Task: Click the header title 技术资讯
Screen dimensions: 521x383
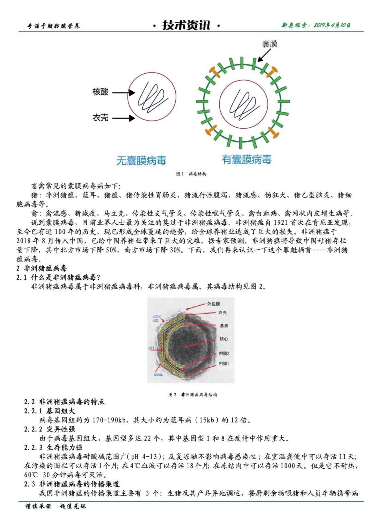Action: (x=186, y=25)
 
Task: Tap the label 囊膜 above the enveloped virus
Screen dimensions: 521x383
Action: (x=270, y=44)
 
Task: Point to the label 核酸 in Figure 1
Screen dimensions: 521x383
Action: (x=100, y=92)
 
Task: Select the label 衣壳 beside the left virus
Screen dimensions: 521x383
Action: (x=100, y=118)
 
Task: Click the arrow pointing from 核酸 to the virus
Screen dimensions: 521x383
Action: (x=124, y=93)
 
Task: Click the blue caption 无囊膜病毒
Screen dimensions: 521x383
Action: (x=141, y=161)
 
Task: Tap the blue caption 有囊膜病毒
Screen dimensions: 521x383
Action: (x=246, y=160)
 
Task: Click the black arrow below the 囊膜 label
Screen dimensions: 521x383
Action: (x=264, y=55)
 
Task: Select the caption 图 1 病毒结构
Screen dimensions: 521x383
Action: (x=191, y=174)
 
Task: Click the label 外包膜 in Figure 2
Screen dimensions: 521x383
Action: (x=214, y=304)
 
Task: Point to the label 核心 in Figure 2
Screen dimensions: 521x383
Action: (x=224, y=339)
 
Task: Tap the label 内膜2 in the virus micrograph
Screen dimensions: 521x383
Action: (x=224, y=353)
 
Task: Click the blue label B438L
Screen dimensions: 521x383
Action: (x=158, y=375)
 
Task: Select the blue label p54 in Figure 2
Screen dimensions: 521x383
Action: (x=152, y=348)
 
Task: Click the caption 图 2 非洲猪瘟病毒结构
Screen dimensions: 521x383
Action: (x=192, y=395)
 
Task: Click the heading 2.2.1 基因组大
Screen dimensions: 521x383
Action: (x=49, y=411)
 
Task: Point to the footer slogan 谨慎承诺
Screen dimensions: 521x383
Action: (x=38, y=506)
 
